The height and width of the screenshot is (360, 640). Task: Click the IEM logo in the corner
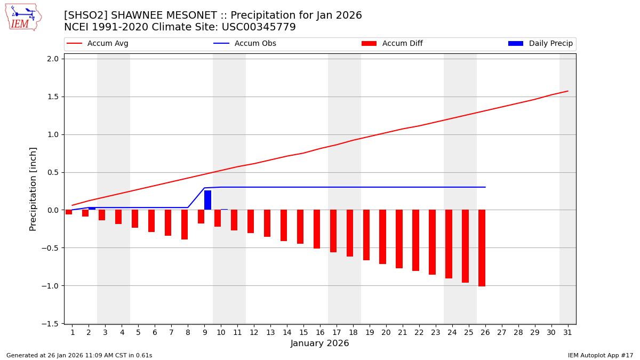click(23, 17)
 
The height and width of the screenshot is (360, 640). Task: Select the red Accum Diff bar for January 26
click(482, 248)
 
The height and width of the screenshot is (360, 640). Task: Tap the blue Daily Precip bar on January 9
click(207, 200)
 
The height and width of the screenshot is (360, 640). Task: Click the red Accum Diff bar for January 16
click(317, 229)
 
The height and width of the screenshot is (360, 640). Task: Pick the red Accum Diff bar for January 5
click(135, 219)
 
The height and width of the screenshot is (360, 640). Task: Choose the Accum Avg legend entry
click(98, 44)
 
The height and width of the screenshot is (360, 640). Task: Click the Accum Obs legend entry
click(245, 44)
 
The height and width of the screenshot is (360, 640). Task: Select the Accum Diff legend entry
click(392, 44)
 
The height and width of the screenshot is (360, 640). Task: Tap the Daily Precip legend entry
click(540, 44)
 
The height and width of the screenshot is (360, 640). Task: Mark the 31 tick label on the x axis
click(567, 333)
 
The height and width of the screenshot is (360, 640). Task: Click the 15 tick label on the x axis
click(303, 333)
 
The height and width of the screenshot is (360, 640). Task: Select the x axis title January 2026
click(319, 343)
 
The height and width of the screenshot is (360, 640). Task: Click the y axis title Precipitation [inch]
click(33, 188)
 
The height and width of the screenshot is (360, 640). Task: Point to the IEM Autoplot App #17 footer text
click(601, 355)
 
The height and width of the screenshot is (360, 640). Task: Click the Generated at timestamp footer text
click(79, 355)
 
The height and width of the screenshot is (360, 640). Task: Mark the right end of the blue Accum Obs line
click(485, 187)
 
